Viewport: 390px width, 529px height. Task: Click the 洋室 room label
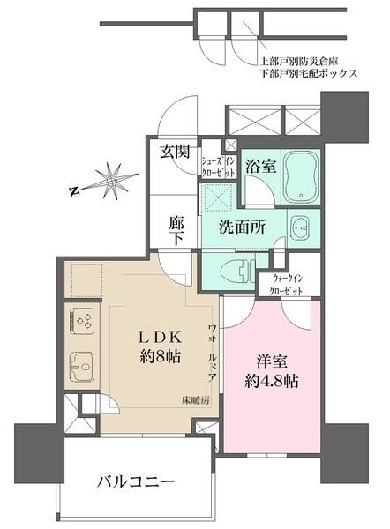[272, 361]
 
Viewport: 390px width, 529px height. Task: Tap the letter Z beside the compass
[76, 188]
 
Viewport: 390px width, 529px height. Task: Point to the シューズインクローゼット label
[217, 167]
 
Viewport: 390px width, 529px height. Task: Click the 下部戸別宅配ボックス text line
[308, 74]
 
